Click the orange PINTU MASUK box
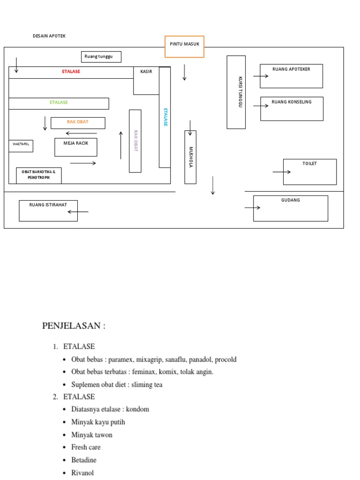point(184,46)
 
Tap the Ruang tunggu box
point(101,57)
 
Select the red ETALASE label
point(71,72)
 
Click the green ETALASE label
point(59,102)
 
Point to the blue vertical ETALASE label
point(165,117)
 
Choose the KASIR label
point(146,72)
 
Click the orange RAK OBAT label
point(78,122)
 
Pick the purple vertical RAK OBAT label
point(135,141)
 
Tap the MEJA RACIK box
point(76,147)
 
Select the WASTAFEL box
point(21,145)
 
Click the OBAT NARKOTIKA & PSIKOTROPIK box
point(39,175)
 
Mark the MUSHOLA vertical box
point(190,157)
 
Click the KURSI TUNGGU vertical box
point(236,92)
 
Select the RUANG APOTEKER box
point(292,76)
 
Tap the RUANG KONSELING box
point(292,109)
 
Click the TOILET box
point(310,172)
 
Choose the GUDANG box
point(291,208)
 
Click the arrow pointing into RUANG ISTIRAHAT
point(78,212)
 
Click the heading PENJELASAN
point(74,326)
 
